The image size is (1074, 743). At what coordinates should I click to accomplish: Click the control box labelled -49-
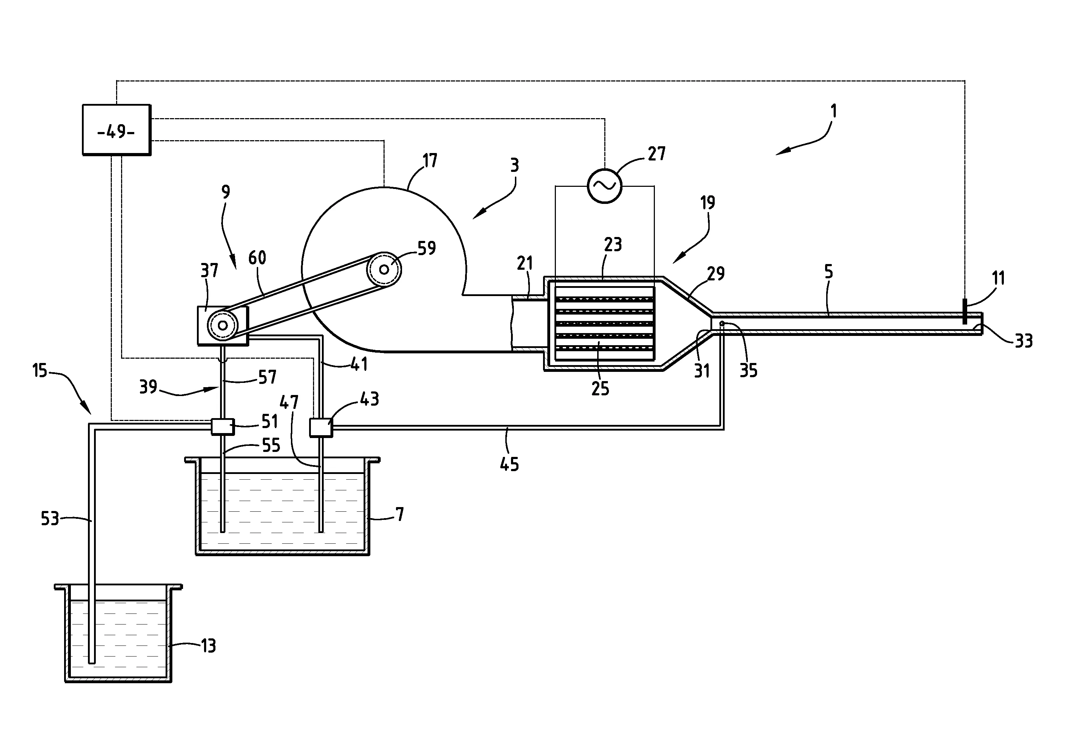pos(116,130)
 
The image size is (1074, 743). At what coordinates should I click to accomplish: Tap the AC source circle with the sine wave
pos(605,186)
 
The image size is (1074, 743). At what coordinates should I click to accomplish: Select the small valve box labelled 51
pos(223,426)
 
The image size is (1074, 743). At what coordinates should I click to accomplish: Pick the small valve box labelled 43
pos(321,427)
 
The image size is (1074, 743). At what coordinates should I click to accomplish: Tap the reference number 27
pos(657,154)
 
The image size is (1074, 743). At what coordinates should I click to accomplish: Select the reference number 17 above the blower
pos(429,160)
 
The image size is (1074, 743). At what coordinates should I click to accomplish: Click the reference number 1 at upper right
pos(834,111)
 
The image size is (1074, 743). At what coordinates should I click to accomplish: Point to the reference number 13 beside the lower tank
pos(208,646)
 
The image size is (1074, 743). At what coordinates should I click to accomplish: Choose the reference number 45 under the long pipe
pos(509,464)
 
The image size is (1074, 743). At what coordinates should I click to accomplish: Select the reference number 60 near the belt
pos(257,257)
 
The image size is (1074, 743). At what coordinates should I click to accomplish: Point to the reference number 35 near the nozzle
pos(749,370)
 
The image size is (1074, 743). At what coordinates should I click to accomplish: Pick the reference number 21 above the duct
pos(525,263)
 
